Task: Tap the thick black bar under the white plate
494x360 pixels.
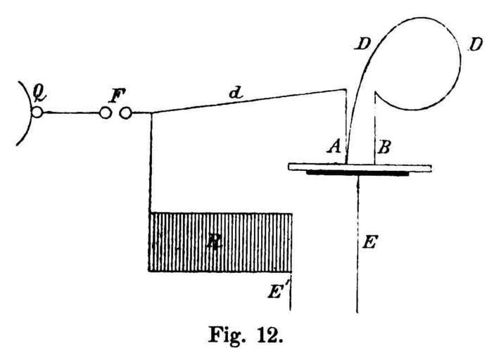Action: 357,172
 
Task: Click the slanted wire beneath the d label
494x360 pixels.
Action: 246,100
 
